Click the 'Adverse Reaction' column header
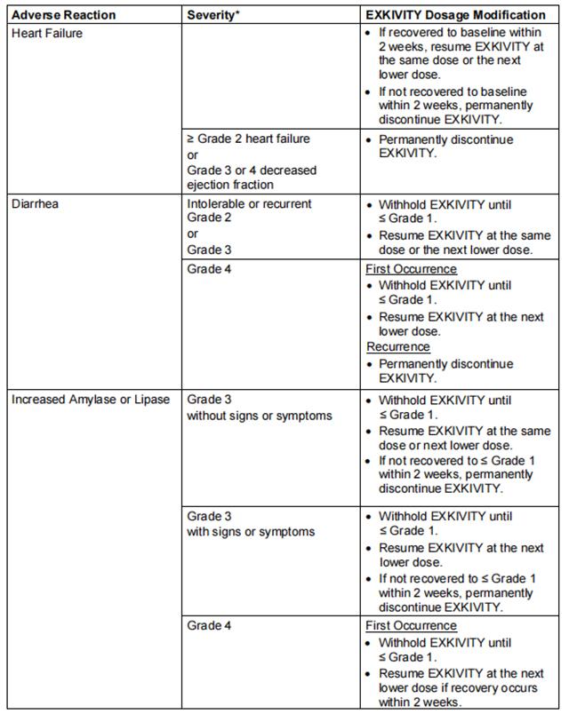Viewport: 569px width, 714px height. coord(57,15)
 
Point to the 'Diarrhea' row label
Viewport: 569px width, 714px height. coord(34,204)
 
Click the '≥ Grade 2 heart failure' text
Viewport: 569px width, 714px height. coord(248,139)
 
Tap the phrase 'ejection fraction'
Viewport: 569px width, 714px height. coord(230,184)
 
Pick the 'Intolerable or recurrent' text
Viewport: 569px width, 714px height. coord(249,204)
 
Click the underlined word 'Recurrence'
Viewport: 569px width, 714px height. coord(397,347)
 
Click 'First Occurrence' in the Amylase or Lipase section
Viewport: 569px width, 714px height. coord(411,625)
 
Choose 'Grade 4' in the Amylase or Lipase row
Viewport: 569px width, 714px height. coord(210,625)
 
